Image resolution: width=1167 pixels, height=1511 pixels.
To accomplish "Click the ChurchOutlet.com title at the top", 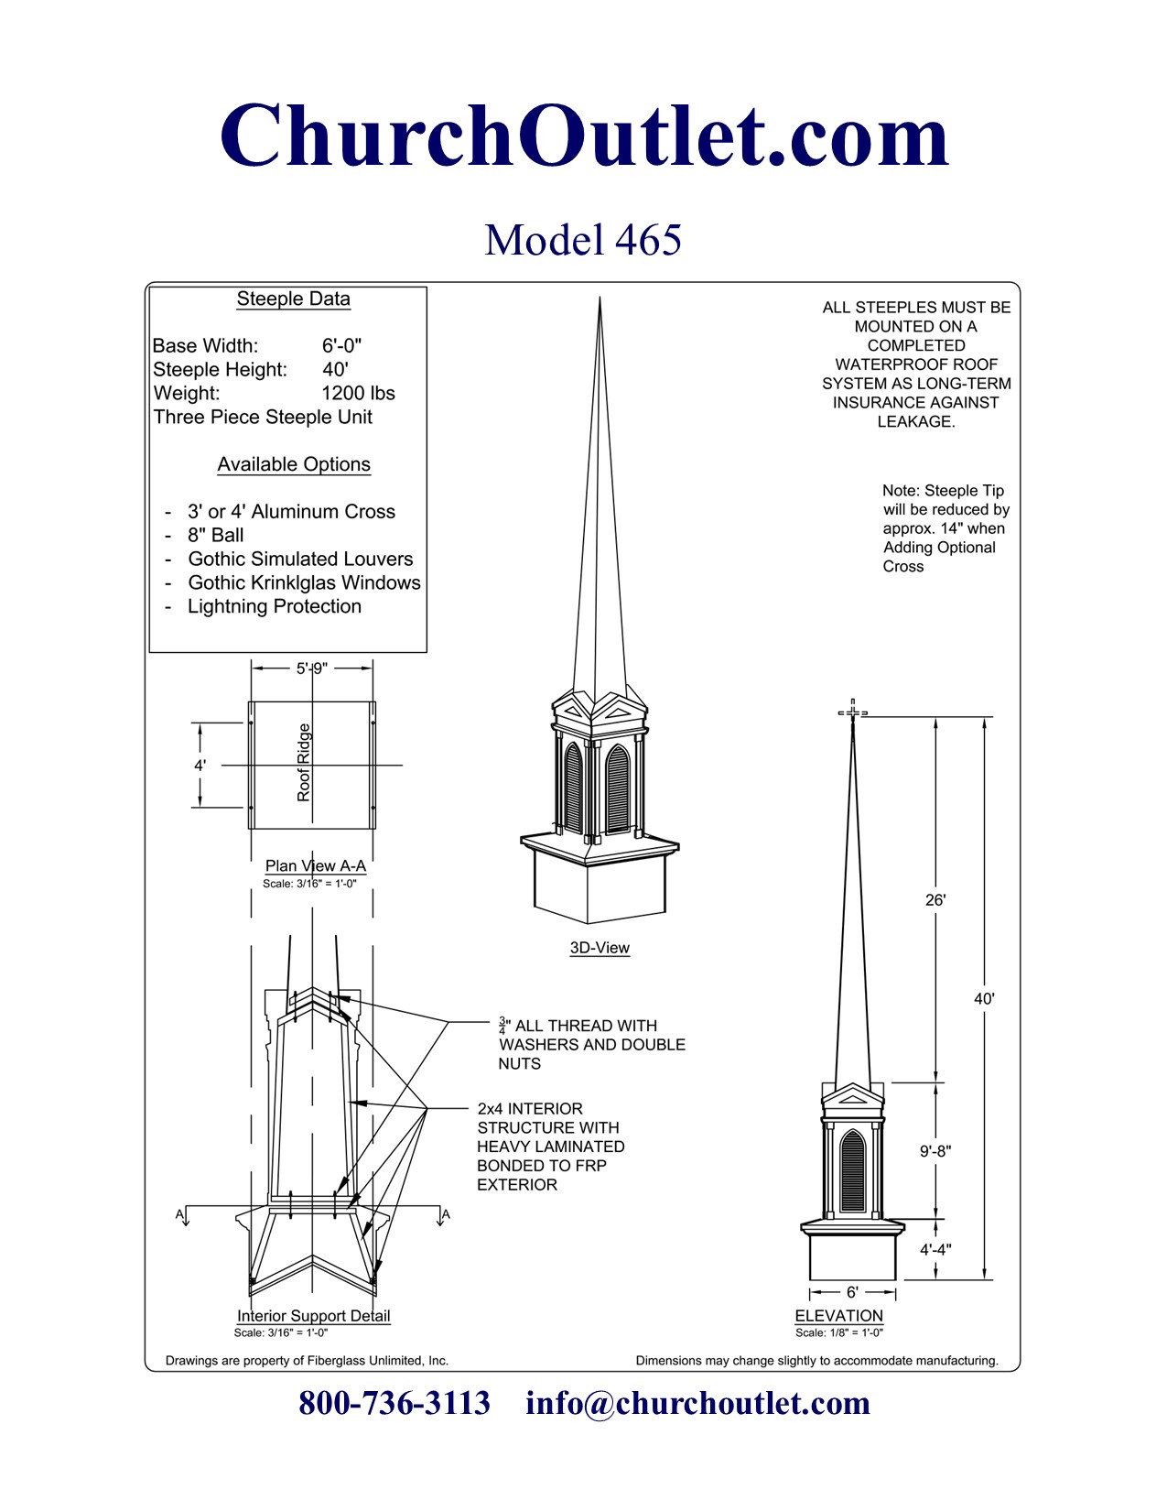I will tap(584, 136).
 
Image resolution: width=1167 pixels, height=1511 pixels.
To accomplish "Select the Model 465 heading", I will tap(583, 240).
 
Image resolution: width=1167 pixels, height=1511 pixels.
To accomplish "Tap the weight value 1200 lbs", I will tap(358, 393).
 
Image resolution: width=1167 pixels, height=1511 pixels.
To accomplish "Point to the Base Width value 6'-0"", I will tap(341, 345).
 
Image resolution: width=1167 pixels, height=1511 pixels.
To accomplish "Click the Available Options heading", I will tap(294, 464).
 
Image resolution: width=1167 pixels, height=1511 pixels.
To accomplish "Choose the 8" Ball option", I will tap(216, 535).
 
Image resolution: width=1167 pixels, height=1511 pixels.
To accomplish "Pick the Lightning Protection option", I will tap(275, 606).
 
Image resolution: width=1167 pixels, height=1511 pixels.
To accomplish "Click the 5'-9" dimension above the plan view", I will tap(311, 669).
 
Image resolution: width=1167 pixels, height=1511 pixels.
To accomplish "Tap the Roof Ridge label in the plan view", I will tap(304, 763).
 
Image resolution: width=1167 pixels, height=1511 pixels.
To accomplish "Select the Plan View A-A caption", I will tap(315, 865).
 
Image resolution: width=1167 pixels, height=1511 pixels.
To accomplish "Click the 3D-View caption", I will tap(600, 948).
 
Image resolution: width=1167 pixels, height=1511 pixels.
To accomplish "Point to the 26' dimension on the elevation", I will tap(935, 900).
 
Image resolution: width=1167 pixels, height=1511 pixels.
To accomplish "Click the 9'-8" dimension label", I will tap(935, 1151).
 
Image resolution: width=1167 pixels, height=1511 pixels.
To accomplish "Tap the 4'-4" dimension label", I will tap(935, 1249).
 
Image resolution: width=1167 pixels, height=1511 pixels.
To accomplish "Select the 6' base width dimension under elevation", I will tap(852, 1292).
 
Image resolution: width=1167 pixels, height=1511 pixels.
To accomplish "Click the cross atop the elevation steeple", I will tap(853, 712).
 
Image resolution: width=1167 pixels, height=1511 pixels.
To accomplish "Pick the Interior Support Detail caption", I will tap(313, 1316).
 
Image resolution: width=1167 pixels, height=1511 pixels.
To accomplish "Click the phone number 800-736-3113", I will tap(394, 1403).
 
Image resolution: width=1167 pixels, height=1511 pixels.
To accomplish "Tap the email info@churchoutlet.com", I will tap(697, 1403).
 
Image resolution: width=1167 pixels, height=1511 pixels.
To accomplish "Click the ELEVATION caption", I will tap(838, 1316).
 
